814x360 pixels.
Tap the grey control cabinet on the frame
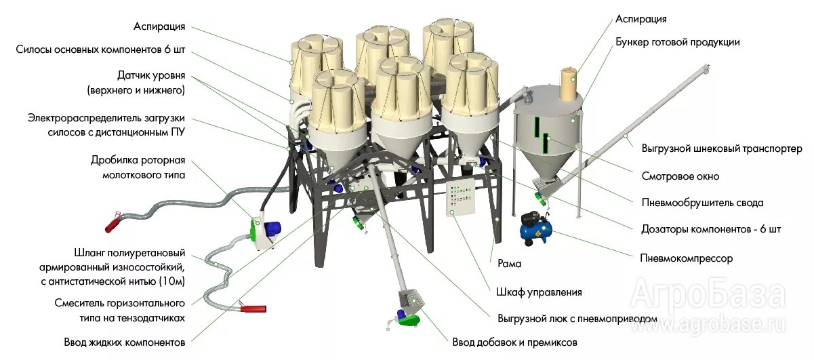461,197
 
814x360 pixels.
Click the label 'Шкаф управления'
539,292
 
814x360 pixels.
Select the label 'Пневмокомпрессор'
687,258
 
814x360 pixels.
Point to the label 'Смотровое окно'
680,176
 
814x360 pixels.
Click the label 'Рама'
509,263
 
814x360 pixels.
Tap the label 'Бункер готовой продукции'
677,42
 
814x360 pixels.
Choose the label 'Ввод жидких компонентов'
125,342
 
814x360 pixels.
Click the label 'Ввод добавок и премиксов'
514,342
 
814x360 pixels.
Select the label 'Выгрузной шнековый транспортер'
722,148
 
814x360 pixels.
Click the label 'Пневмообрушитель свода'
702,203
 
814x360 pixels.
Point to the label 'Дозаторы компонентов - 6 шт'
711,229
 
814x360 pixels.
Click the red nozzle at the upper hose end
113,223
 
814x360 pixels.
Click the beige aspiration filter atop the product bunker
569,84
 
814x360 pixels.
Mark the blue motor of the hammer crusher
272,231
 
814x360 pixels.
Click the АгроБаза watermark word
708,297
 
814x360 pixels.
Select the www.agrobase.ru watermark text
708,325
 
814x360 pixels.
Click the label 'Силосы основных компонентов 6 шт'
101,49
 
